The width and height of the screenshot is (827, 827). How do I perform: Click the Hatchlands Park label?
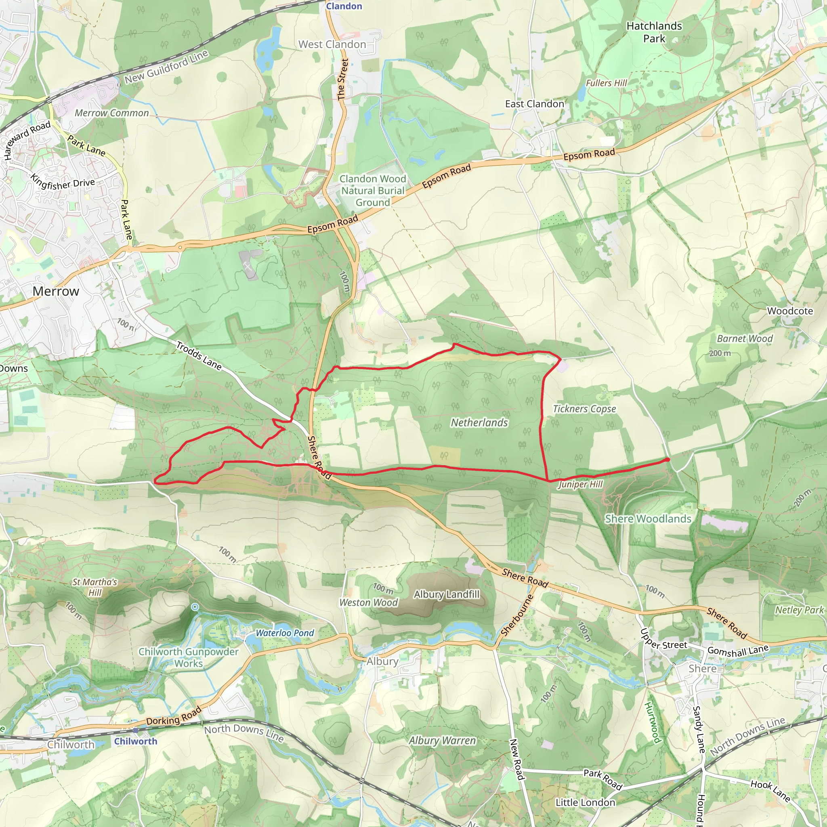[654, 32]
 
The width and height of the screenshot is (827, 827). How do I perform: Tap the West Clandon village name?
[332, 44]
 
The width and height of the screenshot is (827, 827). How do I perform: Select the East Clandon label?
[534, 104]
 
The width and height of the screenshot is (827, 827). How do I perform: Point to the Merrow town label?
[56, 291]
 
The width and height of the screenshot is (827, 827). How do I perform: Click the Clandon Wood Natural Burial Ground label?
[372, 191]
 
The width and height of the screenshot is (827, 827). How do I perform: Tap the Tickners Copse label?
[584, 409]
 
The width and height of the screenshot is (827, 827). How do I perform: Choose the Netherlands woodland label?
[479, 422]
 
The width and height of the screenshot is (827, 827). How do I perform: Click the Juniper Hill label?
[580, 484]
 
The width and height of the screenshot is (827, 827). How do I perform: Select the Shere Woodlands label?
[648, 519]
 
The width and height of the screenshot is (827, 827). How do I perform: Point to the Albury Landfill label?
[447, 594]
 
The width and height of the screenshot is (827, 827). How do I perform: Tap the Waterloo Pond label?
[285, 633]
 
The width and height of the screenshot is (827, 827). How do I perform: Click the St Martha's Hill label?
[94, 587]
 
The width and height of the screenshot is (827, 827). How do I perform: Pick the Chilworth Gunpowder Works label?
[188, 657]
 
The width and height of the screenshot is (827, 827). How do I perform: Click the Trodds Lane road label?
[199, 356]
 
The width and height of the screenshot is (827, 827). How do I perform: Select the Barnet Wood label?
[744, 338]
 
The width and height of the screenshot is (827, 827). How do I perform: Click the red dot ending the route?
[667, 460]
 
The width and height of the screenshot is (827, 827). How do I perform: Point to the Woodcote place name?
[790, 311]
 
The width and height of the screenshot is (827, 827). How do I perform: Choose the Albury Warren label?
[442, 741]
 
